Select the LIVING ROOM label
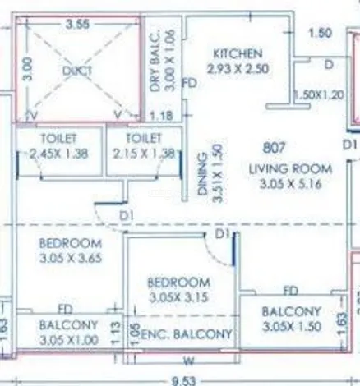[x=291, y=168]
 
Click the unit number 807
[x=274, y=149]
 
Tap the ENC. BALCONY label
[x=187, y=335]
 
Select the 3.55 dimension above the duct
[x=78, y=23]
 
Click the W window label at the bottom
[x=189, y=360]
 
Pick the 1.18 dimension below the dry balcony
[x=165, y=117]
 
